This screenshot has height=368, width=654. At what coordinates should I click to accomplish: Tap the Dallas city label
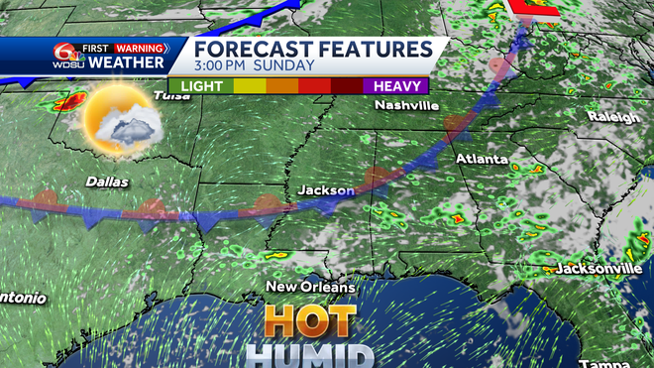pos(107,182)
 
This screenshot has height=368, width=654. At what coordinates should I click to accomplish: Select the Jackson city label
pos(326,189)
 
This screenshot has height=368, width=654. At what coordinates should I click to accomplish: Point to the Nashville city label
pos(405,106)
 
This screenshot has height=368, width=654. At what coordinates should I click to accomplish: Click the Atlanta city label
pos(483,159)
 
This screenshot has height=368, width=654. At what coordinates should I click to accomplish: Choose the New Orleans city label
pos(310,287)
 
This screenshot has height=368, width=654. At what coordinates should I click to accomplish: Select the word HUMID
pos(309,355)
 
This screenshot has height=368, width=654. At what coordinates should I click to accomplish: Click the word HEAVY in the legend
pos(393,85)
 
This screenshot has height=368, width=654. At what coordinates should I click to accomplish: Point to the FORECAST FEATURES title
pos(312,49)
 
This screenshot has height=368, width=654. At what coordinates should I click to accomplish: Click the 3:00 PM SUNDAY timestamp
pos(254,66)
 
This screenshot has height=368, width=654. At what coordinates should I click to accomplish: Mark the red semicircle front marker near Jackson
pos(376,178)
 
